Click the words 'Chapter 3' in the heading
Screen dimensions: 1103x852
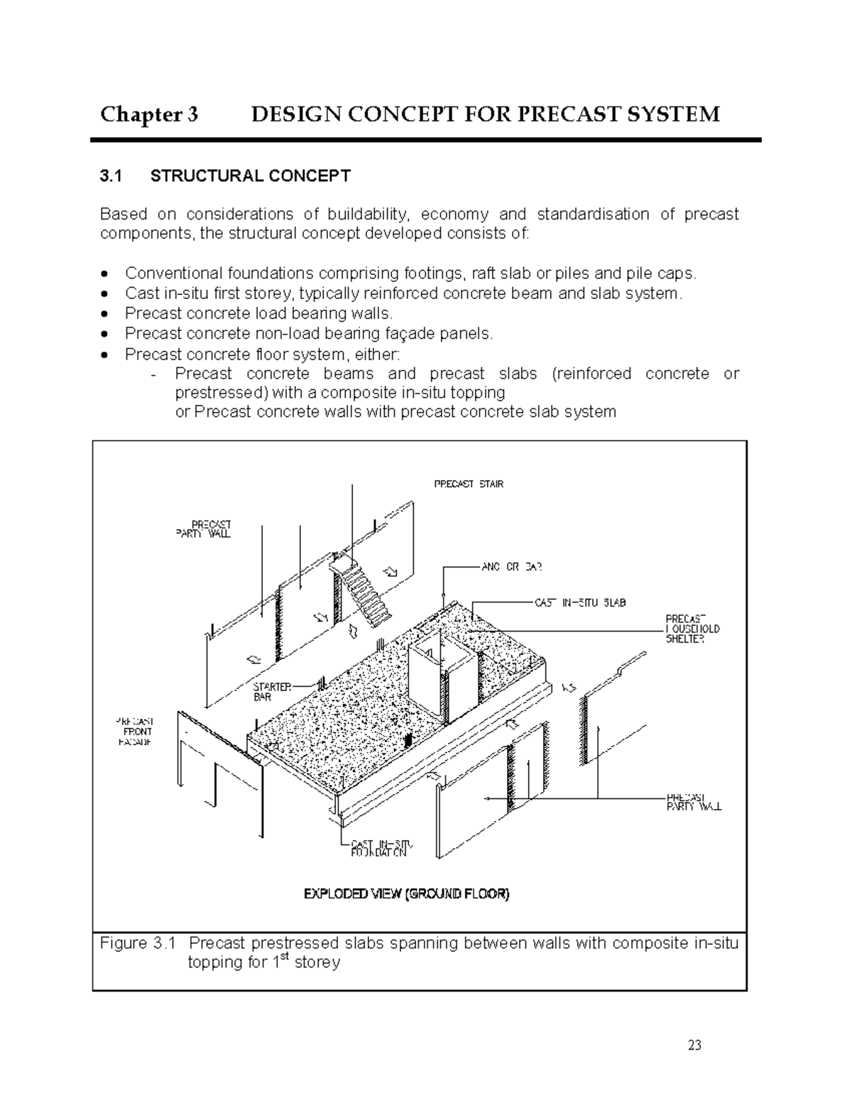coord(149,114)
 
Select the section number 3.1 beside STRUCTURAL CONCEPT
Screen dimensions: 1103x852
coord(111,176)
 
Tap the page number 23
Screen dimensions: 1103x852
coord(694,1045)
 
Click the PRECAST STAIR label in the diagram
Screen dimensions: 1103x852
coord(468,484)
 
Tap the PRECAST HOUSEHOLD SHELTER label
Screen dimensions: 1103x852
coord(692,629)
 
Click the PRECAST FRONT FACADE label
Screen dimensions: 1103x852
coord(135,732)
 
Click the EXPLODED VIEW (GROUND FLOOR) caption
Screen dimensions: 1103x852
coord(406,894)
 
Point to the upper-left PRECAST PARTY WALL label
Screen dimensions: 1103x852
coord(202,529)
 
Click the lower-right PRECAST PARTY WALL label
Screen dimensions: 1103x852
coord(694,801)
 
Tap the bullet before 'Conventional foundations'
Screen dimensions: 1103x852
coord(105,273)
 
